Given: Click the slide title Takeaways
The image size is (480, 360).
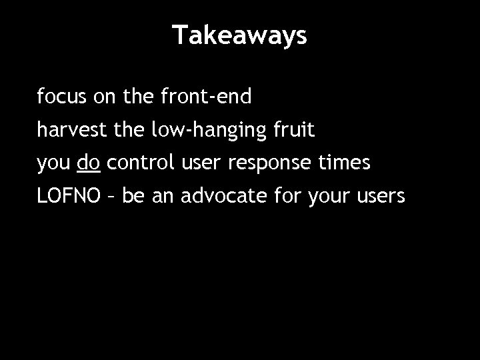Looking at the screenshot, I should tap(240, 35).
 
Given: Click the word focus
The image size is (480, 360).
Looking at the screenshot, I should tap(57, 98).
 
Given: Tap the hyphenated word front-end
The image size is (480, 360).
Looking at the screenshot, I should tap(206, 98).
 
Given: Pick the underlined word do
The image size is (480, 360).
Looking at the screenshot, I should tap(89, 163).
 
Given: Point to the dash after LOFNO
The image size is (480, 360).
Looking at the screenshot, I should tap(111, 197).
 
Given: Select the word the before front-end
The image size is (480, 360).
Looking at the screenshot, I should tap(138, 98).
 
